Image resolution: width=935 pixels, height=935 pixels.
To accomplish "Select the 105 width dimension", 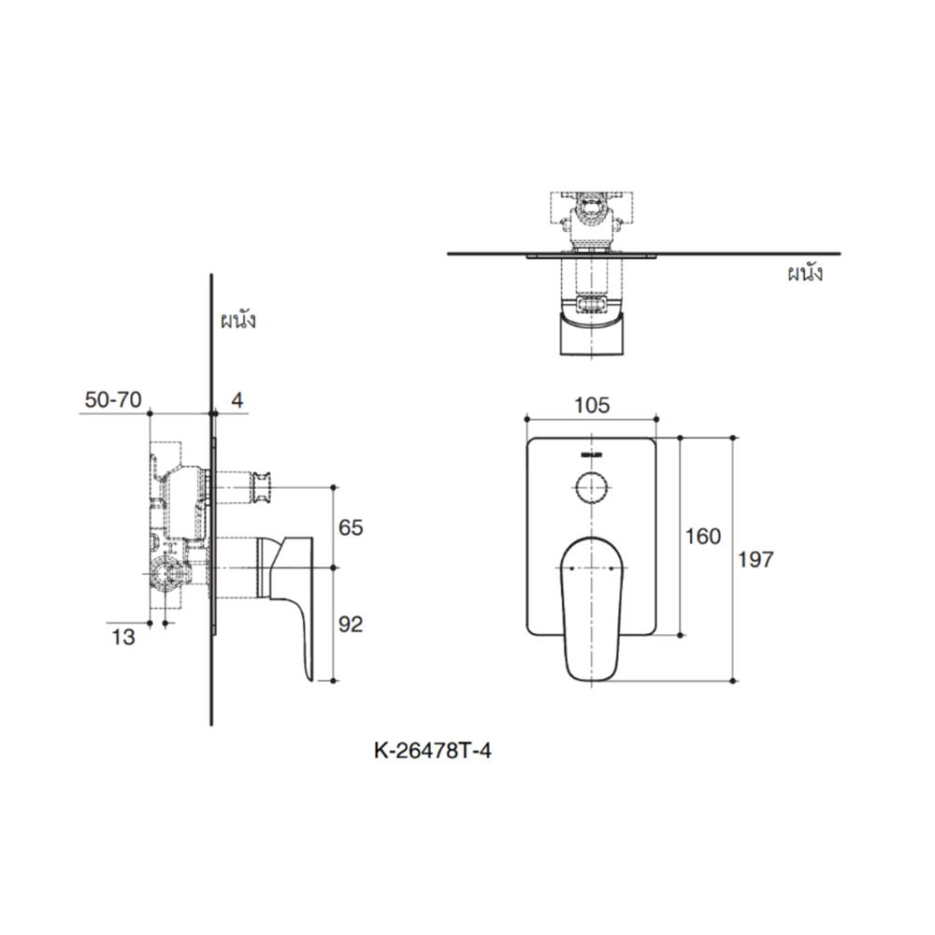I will [592, 405].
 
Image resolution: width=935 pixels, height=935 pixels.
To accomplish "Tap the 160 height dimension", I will [703, 536].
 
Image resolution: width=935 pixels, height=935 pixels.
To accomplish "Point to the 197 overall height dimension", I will [756, 559].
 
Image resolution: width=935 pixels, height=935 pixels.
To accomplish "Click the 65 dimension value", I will [351, 527].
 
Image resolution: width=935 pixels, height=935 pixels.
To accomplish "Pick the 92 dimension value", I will [351, 625].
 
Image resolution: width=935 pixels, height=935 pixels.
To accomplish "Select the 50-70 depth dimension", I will [112, 400].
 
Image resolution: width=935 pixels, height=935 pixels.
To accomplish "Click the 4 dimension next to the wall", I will [237, 400].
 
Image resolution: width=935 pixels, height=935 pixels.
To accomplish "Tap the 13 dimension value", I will [123, 638].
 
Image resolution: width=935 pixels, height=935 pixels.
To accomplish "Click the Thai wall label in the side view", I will [238, 321].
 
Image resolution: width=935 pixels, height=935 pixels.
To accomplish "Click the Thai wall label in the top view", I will [804, 274].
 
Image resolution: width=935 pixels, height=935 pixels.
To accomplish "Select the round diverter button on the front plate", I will [591, 488].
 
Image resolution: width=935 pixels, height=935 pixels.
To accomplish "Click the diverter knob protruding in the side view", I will [261, 487].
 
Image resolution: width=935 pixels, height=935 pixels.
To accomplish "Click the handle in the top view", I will [592, 335].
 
